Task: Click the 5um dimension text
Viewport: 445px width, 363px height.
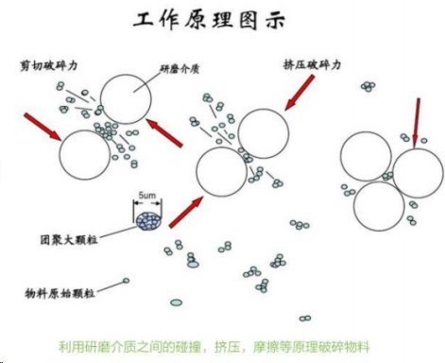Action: pyautogui.click(x=148, y=198)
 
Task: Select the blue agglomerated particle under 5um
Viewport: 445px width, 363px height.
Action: pyautogui.click(x=148, y=221)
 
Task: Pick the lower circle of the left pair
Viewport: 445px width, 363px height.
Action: pyautogui.click(x=84, y=154)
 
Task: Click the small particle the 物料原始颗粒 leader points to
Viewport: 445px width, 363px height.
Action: pyautogui.click(x=126, y=281)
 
